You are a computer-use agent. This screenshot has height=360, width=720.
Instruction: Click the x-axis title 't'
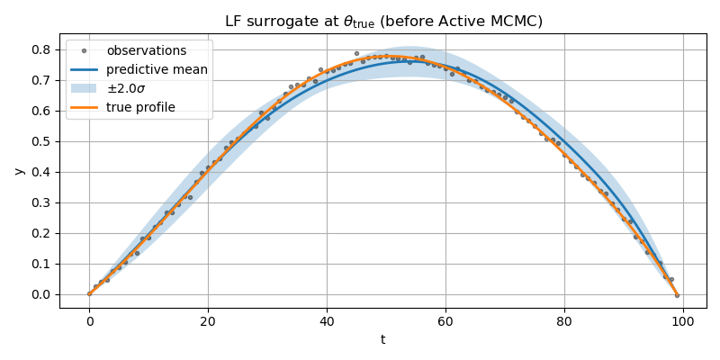point(382,339)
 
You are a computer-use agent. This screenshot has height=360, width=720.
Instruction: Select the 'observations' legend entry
point(146,51)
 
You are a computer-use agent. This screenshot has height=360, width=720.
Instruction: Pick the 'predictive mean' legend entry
point(157,69)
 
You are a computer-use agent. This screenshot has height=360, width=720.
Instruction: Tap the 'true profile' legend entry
point(140,107)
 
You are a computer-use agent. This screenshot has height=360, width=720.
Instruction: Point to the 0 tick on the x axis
point(89,320)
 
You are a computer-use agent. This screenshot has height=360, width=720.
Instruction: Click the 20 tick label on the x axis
point(208,320)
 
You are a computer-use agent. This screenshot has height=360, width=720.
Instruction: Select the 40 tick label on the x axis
point(327,320)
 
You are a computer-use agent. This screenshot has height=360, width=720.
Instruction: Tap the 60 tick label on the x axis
point(445,320)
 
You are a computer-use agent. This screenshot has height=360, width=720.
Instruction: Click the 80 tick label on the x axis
point(564,320)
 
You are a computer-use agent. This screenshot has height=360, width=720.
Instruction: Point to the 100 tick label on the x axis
point(683,320)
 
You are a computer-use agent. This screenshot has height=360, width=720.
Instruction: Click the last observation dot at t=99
point(677,295)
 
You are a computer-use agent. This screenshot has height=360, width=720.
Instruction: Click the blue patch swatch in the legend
point(84,88)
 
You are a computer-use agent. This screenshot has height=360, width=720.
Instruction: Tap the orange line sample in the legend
point(84,107)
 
